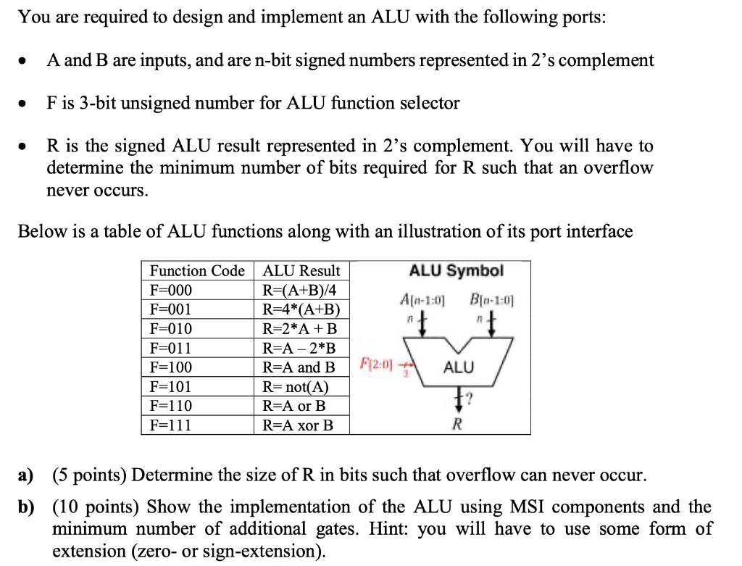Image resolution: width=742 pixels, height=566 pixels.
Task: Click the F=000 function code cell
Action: point(171,291)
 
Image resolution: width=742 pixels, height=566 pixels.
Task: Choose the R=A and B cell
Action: point(299,367)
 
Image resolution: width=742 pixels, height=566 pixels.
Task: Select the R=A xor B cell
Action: point(298,425)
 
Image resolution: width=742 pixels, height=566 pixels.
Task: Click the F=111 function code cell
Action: point(171,425)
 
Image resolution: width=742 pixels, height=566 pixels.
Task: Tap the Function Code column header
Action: point(197,271)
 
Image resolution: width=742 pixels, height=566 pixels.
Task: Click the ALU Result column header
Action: point(301,271)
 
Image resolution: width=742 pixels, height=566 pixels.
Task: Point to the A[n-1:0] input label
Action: point(422,299)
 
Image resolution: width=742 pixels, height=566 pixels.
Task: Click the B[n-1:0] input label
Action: point(491,299)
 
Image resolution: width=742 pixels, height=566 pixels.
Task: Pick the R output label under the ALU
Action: point(457,424)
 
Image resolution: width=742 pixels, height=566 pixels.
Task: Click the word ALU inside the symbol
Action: point(458,367)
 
